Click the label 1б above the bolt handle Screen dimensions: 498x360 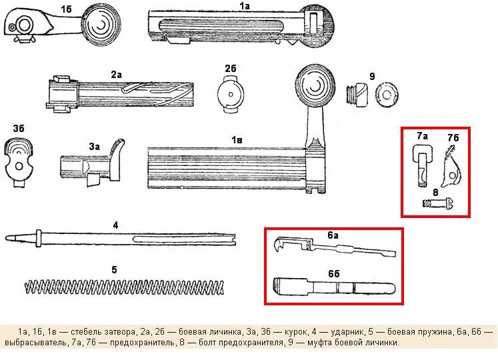(x=67, y=8)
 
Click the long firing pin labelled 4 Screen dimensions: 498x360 (x=120, y=238)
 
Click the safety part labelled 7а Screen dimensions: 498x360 (x=421, y=166)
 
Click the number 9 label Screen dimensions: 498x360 (x=372, y=77)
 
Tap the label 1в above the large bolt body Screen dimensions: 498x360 (x=236, y=139)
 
